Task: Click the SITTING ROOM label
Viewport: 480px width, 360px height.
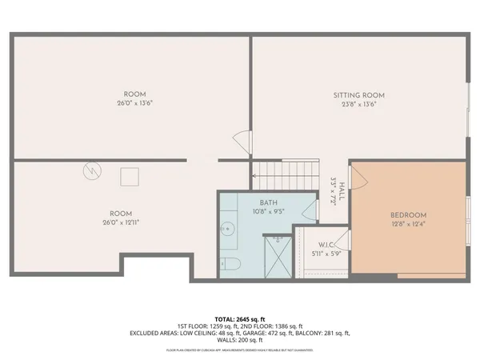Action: [359, 95]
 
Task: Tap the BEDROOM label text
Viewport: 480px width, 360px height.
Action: [408, 215]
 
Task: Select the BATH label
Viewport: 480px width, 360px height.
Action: [269, 203]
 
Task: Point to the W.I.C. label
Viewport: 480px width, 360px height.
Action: [326, 245]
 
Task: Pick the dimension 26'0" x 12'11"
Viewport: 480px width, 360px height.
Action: [121, 223]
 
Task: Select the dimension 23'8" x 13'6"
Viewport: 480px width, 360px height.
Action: [359, 104]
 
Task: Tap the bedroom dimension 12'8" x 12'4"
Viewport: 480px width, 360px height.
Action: [408, 225]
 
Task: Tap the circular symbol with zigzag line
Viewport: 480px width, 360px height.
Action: [93, 170]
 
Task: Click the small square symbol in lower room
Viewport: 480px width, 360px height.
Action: [130, 177]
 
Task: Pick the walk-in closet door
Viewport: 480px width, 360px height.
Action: [342, 238]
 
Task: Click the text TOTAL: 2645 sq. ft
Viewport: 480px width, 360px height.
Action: [239, 318]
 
